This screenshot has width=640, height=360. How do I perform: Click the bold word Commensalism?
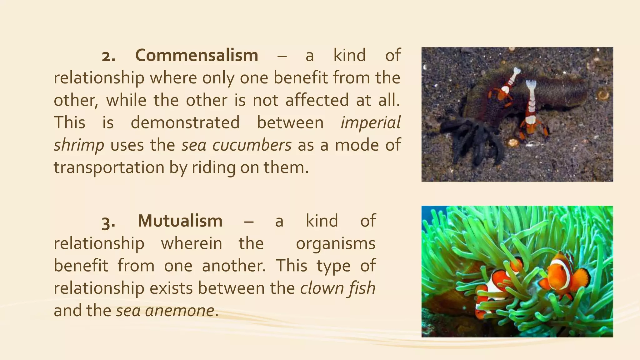[197, 56]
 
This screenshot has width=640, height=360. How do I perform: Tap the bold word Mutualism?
[180, 221]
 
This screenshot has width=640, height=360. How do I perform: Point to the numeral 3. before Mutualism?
[108, 222]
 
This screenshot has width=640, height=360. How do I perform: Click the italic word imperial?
[370, 122]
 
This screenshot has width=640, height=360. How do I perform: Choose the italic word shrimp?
[79, 145]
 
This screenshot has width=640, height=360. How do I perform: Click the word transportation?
[109, 167]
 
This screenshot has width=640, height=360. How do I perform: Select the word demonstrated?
[185, 122]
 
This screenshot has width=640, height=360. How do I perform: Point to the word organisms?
[335, 243]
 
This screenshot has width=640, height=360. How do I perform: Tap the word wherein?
[191, 243]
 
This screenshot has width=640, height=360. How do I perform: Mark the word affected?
[317, 100]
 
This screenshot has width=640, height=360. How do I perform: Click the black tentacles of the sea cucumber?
[466, 137]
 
